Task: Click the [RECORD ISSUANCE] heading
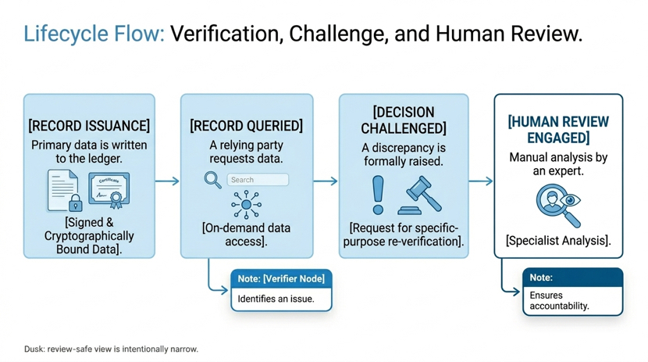point(89,125)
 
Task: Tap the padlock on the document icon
point(75,203)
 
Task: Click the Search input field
point(258,180)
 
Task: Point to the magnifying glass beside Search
point(213,181)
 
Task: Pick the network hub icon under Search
point(246,204)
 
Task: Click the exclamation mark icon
point(378,195)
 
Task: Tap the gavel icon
point(419,195)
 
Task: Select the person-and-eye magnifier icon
point(558,206)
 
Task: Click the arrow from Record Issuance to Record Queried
point(167,181)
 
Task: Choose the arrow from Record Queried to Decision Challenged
point(326,181)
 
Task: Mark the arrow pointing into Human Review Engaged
point(481,181)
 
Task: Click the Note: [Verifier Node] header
point(281,279)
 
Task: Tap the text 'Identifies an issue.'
point(276,299)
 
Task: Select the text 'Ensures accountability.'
point(559,301)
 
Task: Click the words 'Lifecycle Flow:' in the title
point(94,34)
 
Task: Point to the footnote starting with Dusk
point(111,349)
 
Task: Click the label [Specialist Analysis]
point(558,240)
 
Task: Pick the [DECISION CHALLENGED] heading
point(404,120)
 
